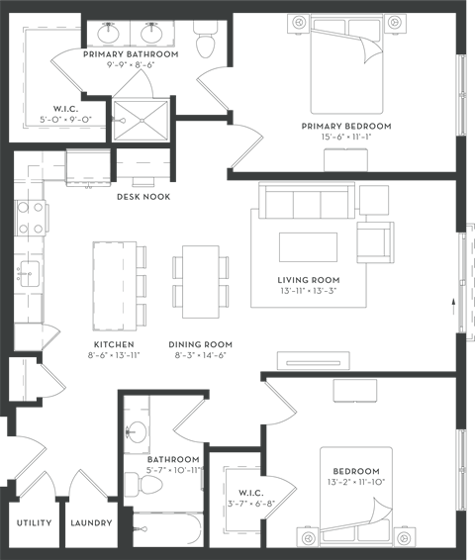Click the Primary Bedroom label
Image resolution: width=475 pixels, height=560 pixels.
[355, 127]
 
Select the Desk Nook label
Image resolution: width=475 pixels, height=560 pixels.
[143, 197]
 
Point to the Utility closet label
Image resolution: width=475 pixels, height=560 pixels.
[34, 522]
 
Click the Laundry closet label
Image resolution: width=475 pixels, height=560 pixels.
[91, 522]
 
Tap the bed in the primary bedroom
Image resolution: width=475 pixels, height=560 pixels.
[341, 70]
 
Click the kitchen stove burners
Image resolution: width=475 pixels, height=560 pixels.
[31, 219]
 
